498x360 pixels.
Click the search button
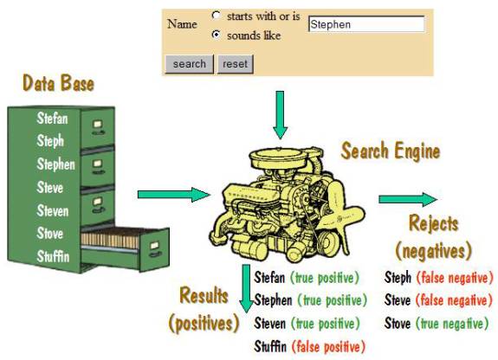click(190, 64)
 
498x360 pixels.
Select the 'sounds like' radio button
click(216, 35)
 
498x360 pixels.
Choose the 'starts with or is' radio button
click(216, 15)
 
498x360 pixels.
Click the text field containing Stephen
click(366, 24)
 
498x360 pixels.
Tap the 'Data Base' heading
click(58, 83)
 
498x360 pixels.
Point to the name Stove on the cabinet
click(50, 234)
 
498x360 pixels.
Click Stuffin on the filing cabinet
click(53, 256)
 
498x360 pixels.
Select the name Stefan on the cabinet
click(52, 119)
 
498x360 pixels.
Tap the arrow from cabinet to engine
click(174, 195)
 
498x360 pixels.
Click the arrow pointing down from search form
click(280, 115)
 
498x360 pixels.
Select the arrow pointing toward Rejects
click(408, 199)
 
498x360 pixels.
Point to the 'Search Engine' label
click(391, 151)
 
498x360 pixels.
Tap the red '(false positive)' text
click(328, 347)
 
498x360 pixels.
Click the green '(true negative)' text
click(452, 324)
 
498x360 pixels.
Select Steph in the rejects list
click(398, 278)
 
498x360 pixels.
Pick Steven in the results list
click(269, 324)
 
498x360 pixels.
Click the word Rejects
click(434, 224)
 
